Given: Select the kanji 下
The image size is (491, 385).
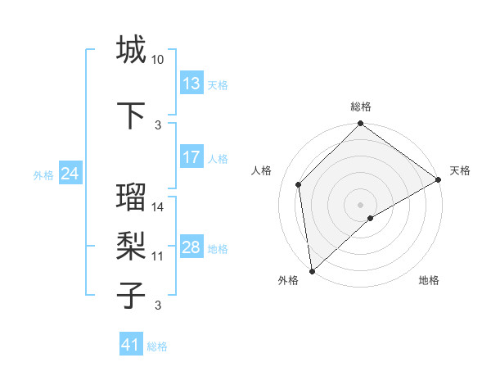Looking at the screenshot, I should pos(131,114).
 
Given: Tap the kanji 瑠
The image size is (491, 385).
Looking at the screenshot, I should pos(131,197).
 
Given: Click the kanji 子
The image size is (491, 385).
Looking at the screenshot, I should pos(131,294).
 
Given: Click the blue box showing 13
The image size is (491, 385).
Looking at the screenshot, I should pos(191,83).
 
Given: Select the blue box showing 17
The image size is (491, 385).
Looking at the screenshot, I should pos(191,156).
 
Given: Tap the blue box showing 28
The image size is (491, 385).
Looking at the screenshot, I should pos(191,247).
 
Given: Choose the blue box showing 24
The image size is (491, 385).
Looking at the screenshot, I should pos(70,174).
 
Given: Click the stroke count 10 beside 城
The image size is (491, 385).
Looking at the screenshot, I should pos(158,60).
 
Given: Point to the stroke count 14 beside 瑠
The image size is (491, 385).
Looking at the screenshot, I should pos(158,207).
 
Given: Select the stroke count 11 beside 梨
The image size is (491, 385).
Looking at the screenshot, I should pos(158,256).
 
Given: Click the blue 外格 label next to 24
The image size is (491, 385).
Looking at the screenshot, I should pos(43,174).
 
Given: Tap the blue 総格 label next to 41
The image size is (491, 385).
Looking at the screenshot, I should pos(157,346).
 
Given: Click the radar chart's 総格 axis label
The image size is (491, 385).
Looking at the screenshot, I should pos(361,106).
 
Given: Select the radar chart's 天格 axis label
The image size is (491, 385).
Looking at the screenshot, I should pos(460,170).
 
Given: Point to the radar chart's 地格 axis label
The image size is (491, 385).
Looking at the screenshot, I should pos(429,281).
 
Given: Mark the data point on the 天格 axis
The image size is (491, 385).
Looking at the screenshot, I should pos(439,179).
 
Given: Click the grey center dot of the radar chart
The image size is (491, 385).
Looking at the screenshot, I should pos(360,204).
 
